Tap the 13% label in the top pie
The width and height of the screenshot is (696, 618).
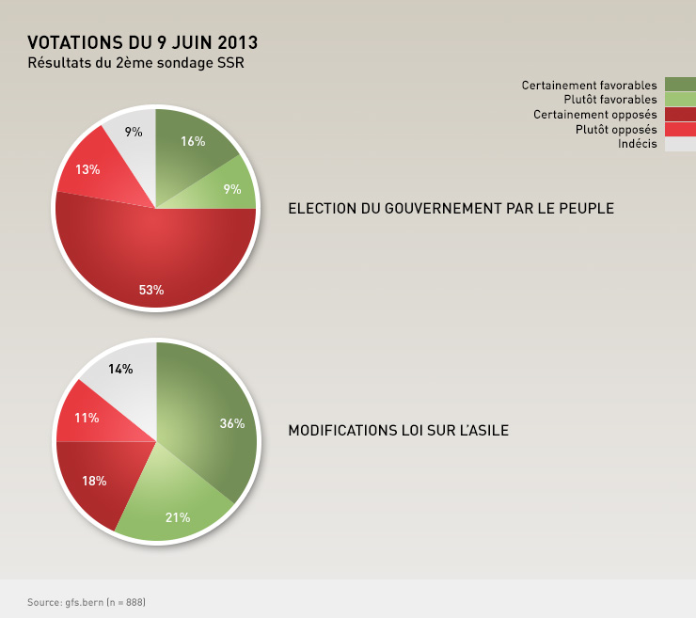point(88,170)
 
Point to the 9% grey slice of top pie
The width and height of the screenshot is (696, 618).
point(133,136)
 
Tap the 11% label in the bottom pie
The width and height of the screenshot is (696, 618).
point(87,418)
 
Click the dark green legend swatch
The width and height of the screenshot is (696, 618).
point(680,85)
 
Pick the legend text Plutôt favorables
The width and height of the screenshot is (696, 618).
point(610,100)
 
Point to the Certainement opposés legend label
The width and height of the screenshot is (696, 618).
point(594,114)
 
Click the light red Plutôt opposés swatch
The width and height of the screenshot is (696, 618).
point(680,129)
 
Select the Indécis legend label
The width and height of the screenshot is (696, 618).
point(638,143)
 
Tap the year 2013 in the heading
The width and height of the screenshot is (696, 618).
point(238,42)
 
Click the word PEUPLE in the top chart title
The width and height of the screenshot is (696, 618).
point(588,208)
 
